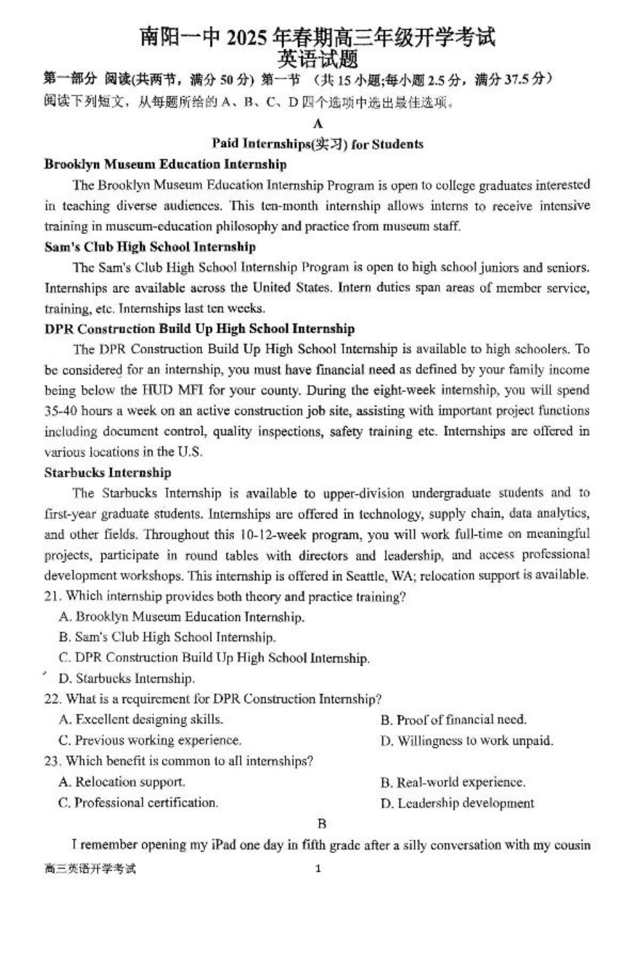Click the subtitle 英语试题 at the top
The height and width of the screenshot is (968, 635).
pos(317,59)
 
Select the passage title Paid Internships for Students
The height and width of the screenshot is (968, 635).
pos(317,144)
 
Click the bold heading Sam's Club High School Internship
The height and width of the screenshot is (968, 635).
pos(150,247)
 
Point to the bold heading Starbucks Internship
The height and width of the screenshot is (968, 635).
pos(108,473)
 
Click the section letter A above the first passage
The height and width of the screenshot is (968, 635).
pos(317,124)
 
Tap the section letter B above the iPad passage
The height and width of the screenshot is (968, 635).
pos(322,824)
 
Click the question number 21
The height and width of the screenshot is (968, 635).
pos(53,596)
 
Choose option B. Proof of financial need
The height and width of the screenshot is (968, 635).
pos(453,720)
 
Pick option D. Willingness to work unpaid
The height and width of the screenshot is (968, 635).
pos(467,741)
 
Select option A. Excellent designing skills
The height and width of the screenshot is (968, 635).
pos(141,719)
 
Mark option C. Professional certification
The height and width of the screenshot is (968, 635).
pos(138,802)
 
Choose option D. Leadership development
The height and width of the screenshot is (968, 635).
pos(457,803)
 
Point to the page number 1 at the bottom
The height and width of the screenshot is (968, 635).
pos(318,868)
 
